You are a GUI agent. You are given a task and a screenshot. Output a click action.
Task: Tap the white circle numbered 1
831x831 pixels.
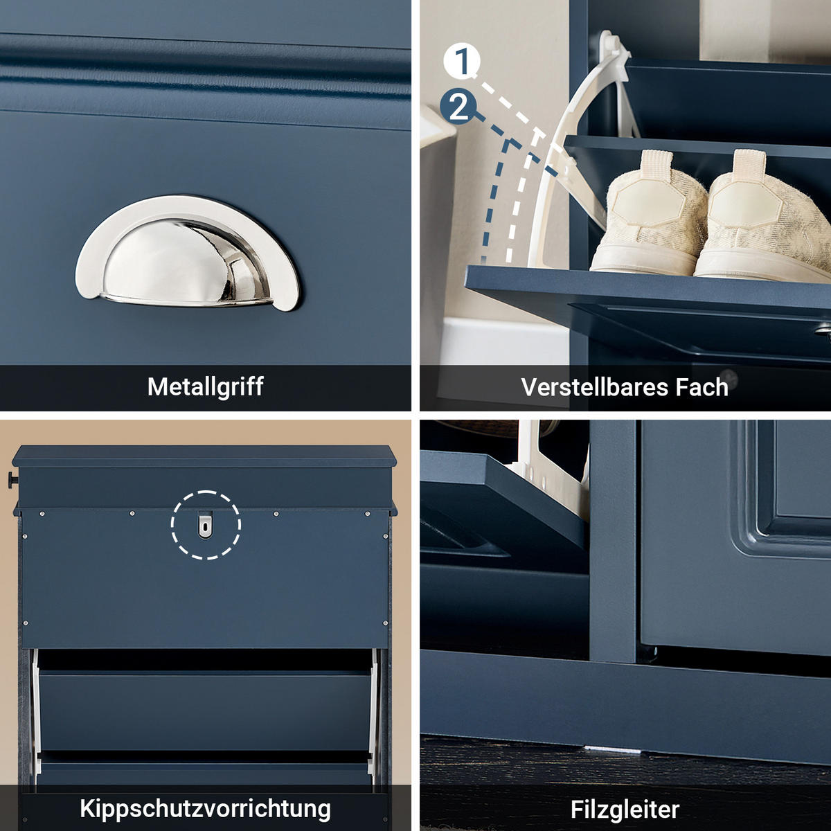(x=462, y=61)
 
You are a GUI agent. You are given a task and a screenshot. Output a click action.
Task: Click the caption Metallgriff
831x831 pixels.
(x=205, y=386)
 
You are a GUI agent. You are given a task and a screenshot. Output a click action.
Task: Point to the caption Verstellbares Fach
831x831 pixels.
(x=625, y=387)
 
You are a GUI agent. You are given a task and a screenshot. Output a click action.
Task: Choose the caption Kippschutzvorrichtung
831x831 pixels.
(x=205, y=808)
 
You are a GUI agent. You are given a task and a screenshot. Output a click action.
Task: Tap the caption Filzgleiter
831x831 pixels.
(x=625, y=809)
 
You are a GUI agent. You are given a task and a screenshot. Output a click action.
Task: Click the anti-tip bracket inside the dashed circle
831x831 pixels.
(x=206, y=526)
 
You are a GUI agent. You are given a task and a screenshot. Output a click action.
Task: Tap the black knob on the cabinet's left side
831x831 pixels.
(x=12, y=479)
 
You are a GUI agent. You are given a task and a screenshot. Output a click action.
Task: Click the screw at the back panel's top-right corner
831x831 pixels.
(x=367, y=513)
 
